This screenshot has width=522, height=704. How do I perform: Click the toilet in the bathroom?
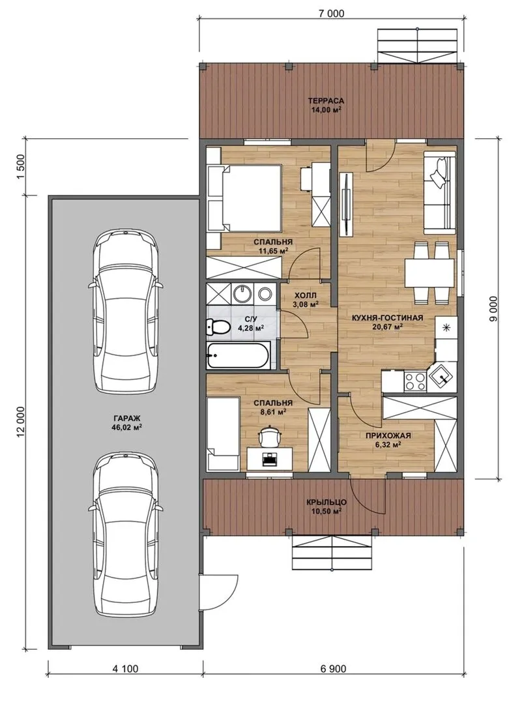click(x=216, y=327)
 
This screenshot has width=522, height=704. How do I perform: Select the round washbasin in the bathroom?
click(x=243, y=293)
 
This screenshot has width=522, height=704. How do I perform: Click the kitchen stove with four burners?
click(x=414, y=381)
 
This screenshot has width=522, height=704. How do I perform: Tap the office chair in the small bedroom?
click(x=269, y=435)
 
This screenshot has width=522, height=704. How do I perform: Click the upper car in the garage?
click(x=125, y=312)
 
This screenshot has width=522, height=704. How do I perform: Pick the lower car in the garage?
click(x=125, y=534)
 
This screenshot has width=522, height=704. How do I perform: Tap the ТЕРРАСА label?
click(x=325, y=100)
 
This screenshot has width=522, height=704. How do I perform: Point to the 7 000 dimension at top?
click(x=331, y=14)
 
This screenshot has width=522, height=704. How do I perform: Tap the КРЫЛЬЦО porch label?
click(x=326, y=503)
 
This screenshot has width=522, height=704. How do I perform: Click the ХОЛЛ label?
click(x=305, y=295)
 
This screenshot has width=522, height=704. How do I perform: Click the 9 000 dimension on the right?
click(x=494, y=308)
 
